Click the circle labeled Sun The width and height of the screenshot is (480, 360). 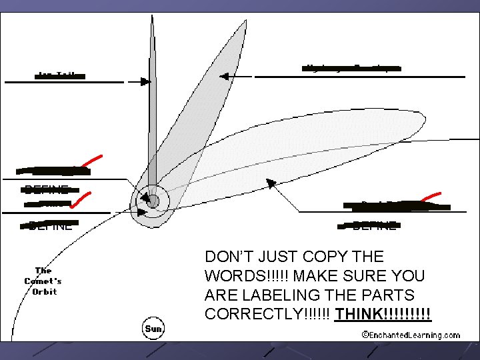pos(155,328)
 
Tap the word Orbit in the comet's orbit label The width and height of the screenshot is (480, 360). pos(43,292)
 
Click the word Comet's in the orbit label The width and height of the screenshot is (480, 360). pos(42,281)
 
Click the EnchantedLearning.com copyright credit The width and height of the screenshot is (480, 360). pos(410,335)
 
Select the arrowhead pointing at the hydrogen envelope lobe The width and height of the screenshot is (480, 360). pos(224,77)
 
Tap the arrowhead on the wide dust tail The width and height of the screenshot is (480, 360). pos(270,183)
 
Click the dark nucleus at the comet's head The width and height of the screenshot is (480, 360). pos(153,200)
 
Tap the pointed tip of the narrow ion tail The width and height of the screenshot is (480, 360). pos(151,17)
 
